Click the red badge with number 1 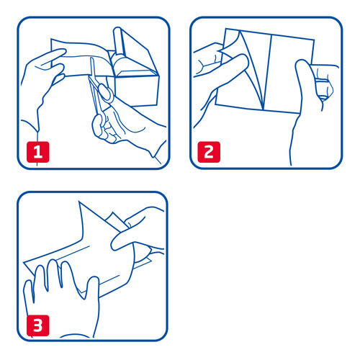point(37,152)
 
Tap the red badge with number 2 point(209,152)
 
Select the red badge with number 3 point(37,325)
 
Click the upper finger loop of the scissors point(106,93)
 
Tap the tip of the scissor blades point(91,58)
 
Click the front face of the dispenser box point(135,91)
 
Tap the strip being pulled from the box point(81,60)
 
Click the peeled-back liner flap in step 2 point(250,70)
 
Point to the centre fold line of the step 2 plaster point(267,73)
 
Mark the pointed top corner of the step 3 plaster point(79,202)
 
